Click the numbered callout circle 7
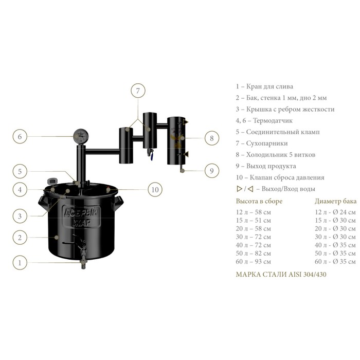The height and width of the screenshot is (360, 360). point(138,91)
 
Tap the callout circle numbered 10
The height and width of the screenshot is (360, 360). point(155,190)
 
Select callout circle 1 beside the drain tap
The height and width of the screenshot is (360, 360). point(20,262)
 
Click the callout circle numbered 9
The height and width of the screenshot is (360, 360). point(211,171)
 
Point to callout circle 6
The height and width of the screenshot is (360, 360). point(20,137)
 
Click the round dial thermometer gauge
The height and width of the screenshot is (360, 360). point(81,136)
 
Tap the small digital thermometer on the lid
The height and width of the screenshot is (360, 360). point(51,182)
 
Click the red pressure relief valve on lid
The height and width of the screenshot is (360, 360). point(108,189)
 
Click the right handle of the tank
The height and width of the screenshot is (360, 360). point(118,203)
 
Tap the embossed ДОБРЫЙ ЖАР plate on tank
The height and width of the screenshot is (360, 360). point(81,217)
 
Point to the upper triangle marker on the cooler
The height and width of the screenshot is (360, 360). point(186,122)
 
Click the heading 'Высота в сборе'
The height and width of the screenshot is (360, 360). point(259,201)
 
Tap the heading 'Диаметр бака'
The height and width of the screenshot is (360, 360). point(335,201)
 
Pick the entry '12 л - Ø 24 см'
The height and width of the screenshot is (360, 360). point(335,212)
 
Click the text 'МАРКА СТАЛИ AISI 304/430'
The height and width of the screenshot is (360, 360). point(281,274)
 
